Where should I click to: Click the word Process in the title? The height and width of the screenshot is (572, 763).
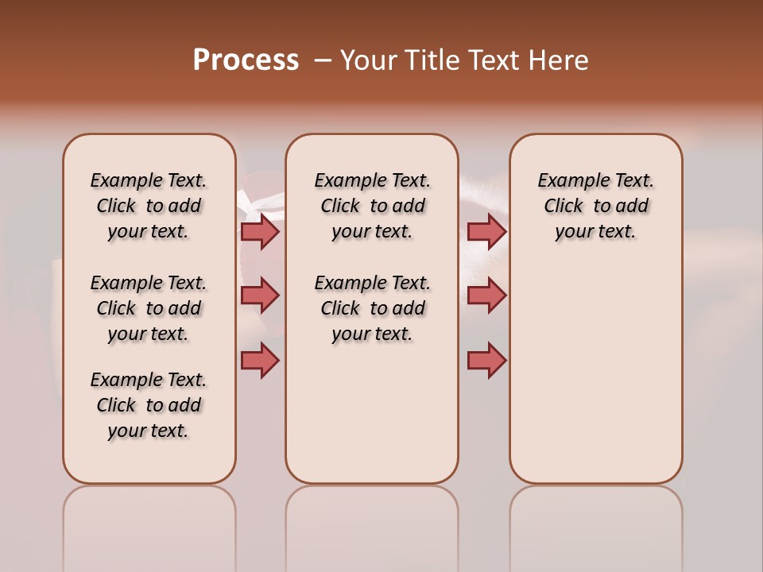pos(246,60)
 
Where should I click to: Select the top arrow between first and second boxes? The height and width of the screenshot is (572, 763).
pos(260,231)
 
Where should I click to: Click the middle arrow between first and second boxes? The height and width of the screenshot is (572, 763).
pos(260,296)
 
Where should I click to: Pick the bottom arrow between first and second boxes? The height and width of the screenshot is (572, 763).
pos(260,361)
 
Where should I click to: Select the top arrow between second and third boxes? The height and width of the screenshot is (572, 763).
pos(486,231)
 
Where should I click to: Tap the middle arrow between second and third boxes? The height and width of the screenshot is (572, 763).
pos(486,296)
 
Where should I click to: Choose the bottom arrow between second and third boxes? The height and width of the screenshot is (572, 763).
pos(486,361)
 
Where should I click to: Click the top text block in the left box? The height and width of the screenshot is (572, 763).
pos(149,206)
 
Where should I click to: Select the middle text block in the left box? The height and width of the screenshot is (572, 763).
pos(149,308)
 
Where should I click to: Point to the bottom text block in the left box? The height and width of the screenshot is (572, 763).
pos(149,405)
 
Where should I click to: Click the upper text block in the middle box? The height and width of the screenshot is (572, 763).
pos(372,206)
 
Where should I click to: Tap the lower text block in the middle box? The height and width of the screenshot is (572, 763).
pos(372,308)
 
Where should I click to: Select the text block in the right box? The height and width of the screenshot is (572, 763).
pos(595,206)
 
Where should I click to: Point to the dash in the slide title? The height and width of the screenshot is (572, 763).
pos(323,60)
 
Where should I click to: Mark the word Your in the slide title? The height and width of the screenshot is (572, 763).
pos(369,60)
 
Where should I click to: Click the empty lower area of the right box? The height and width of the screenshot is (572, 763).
pos(595,381)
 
